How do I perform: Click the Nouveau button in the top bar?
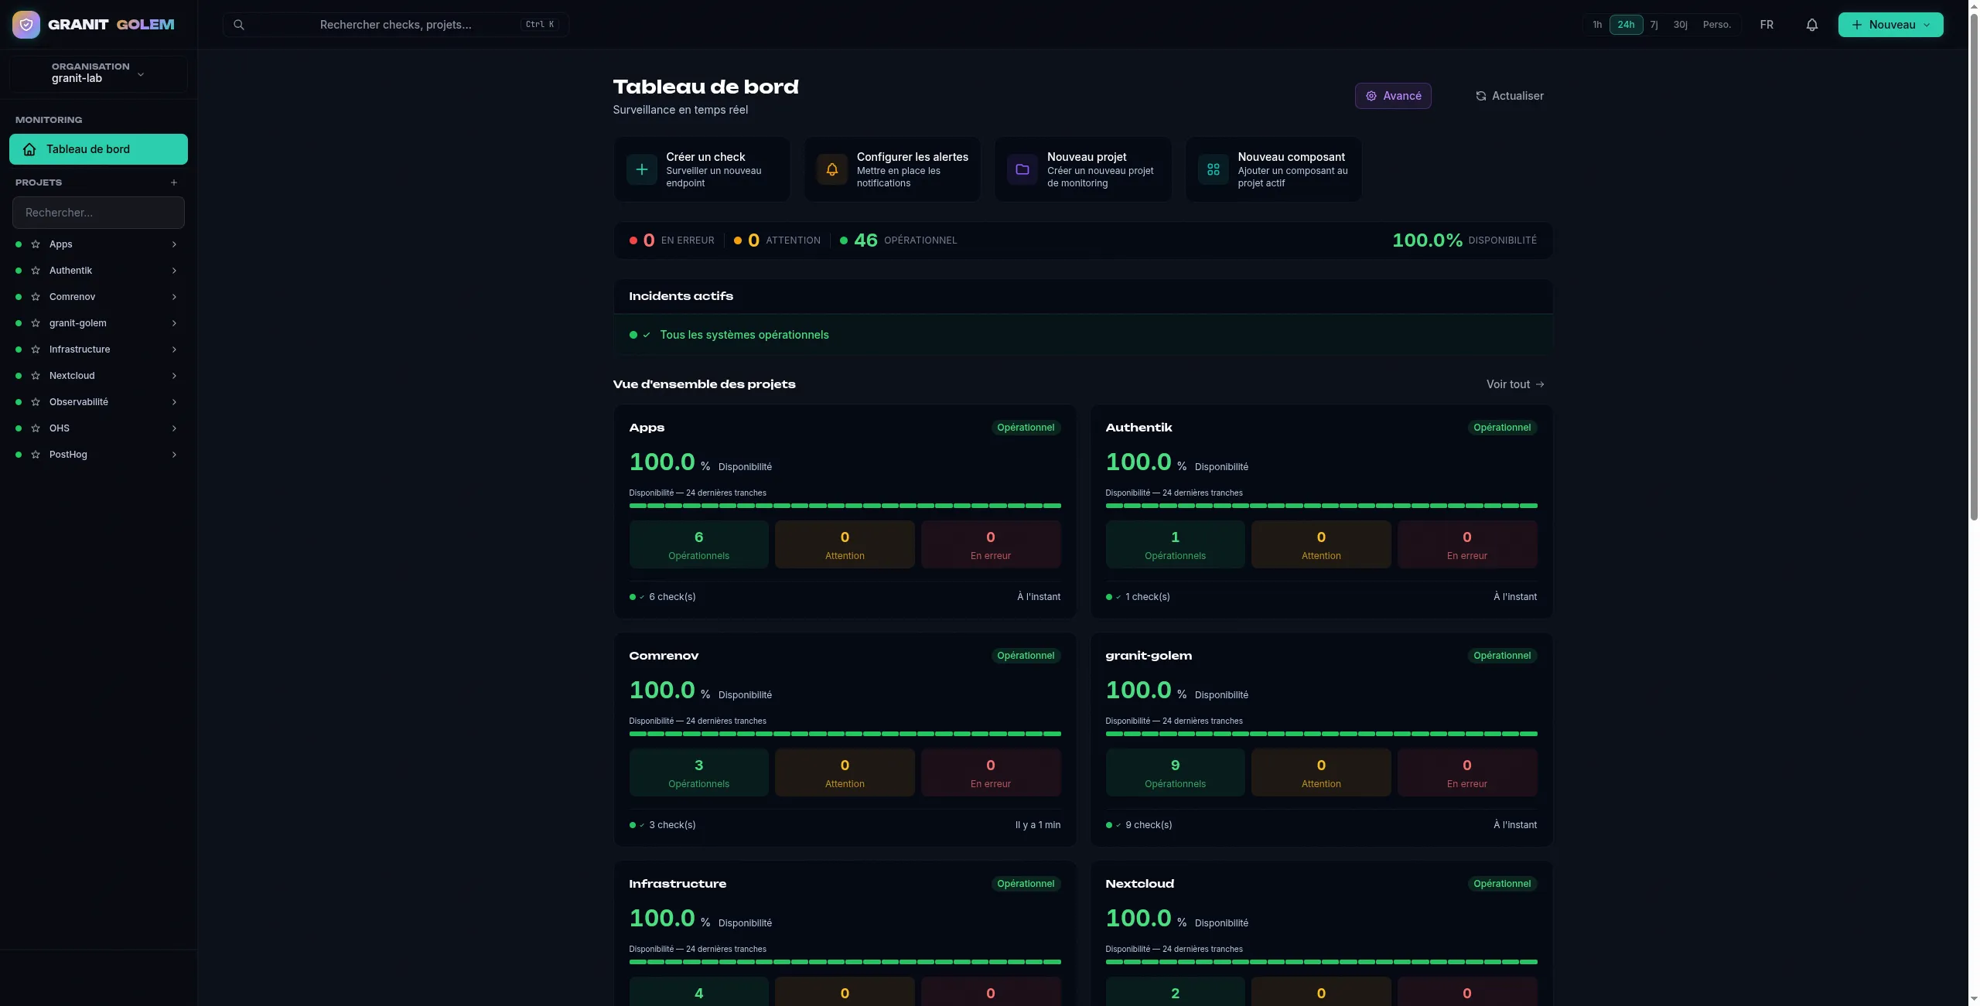tap(1890, 25)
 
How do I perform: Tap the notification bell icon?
tap(1811, 25)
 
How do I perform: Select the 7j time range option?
tap(1654, 25)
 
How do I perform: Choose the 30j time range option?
tap(1680, 25)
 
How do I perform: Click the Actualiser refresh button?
tap(1509, 96)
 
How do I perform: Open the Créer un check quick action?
tap(702, 169)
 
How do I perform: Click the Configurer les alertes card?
tap(893, 169)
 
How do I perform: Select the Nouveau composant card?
tap(1274, 169)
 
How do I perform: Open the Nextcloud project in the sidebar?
tap(72, 376)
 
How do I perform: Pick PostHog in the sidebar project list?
tap(68, 455)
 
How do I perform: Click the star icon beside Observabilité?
tap(36, 402)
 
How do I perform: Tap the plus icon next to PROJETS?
tap(174, 182)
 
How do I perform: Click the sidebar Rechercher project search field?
tap(98, 213)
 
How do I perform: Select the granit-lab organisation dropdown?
tap(98, 73)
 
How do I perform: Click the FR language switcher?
tap(1767, 25)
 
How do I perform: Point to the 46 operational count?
tap(865, 240)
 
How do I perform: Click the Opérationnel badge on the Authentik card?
tap(1502, 428)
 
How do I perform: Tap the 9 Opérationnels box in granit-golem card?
tap(1175, 772)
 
